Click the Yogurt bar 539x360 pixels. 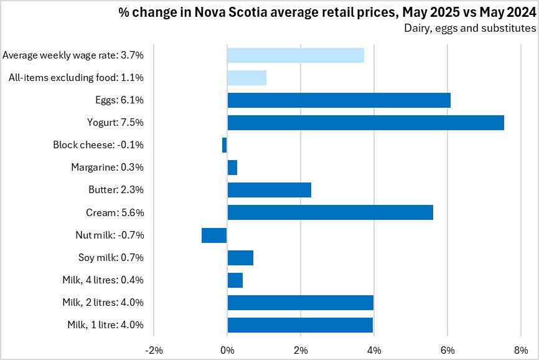pos(365,123)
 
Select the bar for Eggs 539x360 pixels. pos(339,100)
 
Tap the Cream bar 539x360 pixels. pos(330,212)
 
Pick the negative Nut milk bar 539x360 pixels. pos(214,235)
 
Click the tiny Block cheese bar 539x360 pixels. pos(225,145)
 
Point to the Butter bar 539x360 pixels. pos(269,190)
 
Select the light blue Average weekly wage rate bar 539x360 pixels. pos(295,55)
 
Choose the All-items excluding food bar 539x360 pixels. pos(246,78)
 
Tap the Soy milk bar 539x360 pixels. pos(240,257)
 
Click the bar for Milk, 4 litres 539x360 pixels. pos(235,280)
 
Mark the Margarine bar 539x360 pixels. pos(232,168)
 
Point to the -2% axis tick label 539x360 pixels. pos(153,349)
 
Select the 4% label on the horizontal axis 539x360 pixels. pos(374,349)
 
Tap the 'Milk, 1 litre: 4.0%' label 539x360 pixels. pos(105,324)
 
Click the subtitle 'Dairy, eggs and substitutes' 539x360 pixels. pos(470,27)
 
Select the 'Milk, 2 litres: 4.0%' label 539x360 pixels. pos(103,302)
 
